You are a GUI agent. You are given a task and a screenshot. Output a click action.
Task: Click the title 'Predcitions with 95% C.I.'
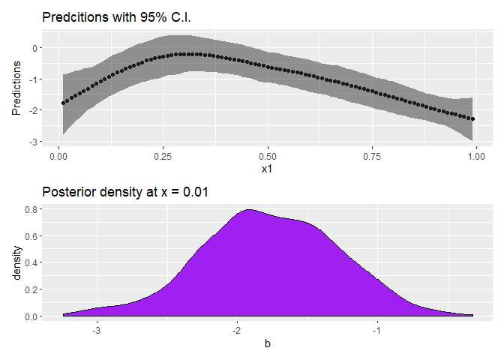(x=116, y=17)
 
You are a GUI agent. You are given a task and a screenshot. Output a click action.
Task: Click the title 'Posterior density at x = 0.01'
(x=125, y=192)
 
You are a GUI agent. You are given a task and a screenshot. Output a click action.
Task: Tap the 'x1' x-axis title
(x=268, y=169)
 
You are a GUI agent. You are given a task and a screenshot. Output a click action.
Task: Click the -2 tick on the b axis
(x=237, y=331)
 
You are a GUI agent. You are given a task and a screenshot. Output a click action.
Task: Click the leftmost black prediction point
(x=63, y=103)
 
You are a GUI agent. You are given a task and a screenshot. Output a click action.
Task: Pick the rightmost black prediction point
(x=472, y=118)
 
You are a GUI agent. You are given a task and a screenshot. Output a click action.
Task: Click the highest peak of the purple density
(x=250, y=209)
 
